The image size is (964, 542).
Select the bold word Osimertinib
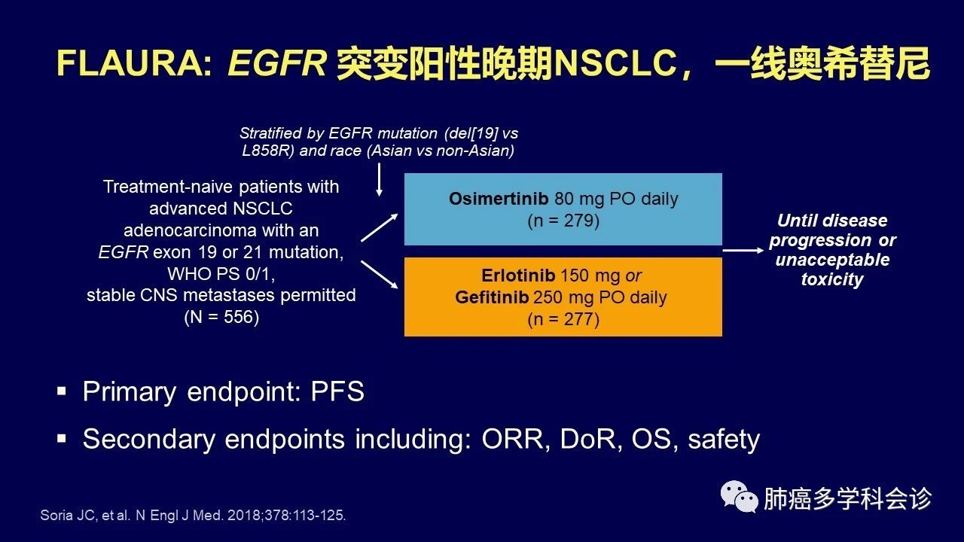(x=499, y=199)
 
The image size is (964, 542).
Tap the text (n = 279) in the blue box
(x=563, y=221)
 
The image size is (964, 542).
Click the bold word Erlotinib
(x=518, y=276)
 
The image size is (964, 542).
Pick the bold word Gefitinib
(x=492, y=297)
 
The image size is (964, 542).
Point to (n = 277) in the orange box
(x=563, y=319)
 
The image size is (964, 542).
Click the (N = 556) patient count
(x=221, y=317)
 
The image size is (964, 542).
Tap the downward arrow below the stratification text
(x=379, y=180)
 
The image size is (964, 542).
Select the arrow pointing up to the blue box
(x=379, y=227)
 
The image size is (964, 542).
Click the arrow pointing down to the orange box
(x=379, y=275)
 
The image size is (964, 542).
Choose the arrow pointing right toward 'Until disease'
(x=743, y=250)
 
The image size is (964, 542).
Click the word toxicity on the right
(x=832, y=279)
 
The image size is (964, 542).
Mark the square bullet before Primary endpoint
(x=62, y=391)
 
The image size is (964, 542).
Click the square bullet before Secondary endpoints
(x=62, y=439)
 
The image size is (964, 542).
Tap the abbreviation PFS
(x=337, y=391)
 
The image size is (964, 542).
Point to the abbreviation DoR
(x=587, y=439)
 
